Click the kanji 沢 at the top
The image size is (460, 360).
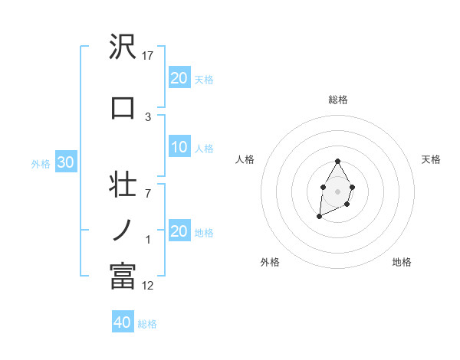point(123,48)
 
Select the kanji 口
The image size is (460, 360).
point(123,107)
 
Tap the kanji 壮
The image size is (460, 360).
point(123,185)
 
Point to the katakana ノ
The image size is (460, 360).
point(123,230)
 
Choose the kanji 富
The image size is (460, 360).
point(123,276)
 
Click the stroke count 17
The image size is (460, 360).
point(148,56)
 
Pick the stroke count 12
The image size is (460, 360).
point(148,286)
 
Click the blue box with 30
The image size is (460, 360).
point(64,163)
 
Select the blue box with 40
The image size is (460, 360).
point(123,322)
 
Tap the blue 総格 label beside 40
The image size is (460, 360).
point(147,324)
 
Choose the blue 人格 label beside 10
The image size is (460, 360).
point(203,148)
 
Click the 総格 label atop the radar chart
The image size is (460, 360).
point(337,100)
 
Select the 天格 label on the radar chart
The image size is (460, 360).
point(431,159)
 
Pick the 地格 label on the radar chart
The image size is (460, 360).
point(402,262)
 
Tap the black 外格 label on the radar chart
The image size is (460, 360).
point(270,262)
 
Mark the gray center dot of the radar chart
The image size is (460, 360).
point(337,190)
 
